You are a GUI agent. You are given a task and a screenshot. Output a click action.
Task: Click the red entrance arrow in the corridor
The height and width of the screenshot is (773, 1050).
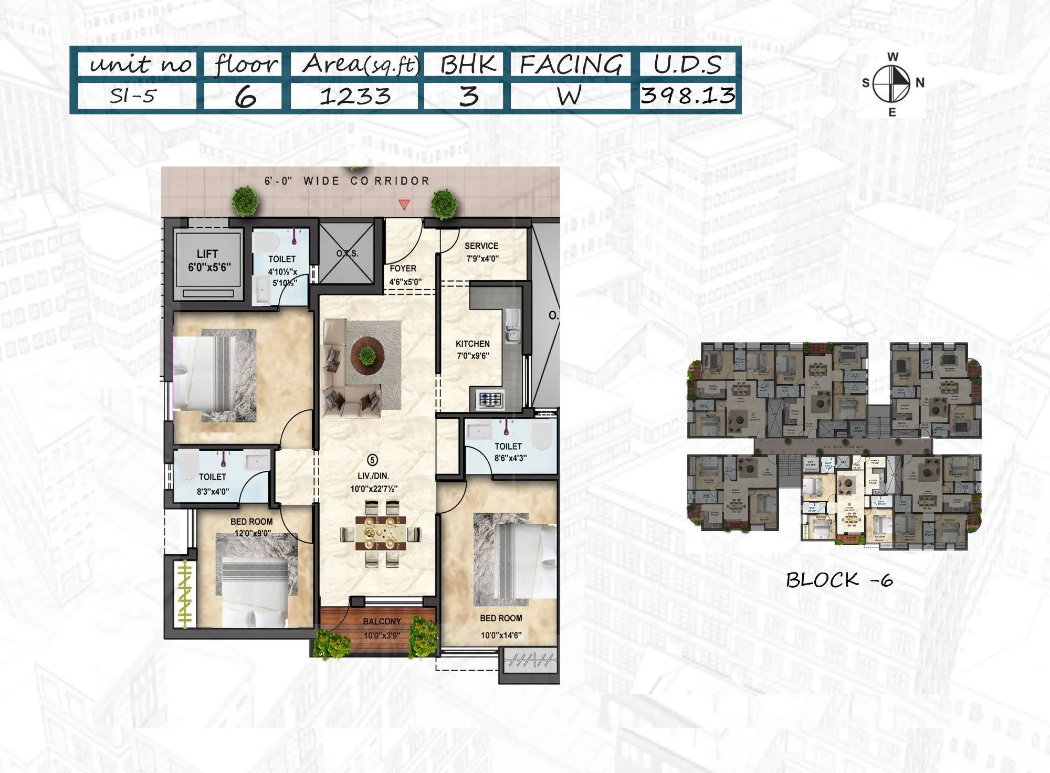(x=404, y=205)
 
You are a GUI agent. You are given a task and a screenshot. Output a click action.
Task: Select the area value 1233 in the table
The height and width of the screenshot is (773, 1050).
(x=355, y=96)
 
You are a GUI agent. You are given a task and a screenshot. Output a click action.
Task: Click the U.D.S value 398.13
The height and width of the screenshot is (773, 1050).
(x=688, y=96)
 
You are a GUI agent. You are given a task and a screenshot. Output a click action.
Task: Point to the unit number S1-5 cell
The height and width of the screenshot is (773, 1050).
(x=133, y=96)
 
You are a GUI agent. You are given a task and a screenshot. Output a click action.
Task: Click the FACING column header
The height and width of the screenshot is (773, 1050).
(x=571, y=65)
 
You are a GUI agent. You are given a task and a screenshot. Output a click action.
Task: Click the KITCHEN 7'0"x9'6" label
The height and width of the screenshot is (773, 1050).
(x=472, y=350)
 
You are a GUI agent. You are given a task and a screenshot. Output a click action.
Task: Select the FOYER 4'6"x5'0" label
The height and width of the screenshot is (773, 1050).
(x=404, y=275)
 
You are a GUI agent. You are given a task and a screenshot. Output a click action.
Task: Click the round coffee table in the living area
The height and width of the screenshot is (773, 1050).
(x=367, y=355)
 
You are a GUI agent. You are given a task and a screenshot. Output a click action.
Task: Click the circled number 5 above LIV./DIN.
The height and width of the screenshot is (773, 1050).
(x=372, y=460)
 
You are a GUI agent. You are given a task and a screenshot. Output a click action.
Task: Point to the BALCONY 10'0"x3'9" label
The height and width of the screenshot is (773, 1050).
(x=382, y=628)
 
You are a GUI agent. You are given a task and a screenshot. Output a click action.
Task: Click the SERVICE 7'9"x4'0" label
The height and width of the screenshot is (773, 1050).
(x=481, y=252)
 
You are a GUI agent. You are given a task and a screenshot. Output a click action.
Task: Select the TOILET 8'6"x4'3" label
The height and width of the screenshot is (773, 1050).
(x=509, y=452)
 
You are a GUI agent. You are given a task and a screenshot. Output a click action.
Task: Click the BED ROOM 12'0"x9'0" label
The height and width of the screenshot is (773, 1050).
(x=251, y=527)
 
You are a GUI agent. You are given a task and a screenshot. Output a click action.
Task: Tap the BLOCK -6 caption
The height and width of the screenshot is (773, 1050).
(x=838, y=580)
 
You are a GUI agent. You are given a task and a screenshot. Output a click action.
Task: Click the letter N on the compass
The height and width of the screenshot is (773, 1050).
(x=920, y=83)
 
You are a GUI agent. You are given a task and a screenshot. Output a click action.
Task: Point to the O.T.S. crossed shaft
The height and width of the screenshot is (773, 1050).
(x=346, y=253)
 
